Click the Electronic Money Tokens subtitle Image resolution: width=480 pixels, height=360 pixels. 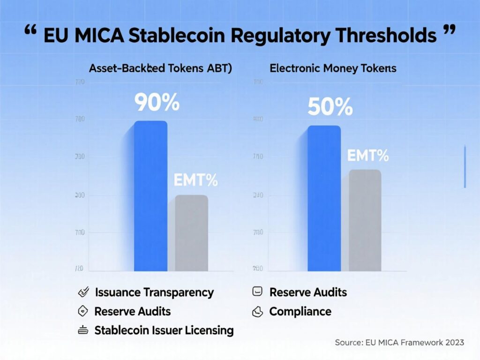click(x=333, y=68)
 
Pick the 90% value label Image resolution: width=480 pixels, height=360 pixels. click(x=157, y=103)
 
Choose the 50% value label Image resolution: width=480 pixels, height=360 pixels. click(x=330, y=107)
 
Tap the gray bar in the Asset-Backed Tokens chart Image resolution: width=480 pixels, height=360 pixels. click(x=191, y=233)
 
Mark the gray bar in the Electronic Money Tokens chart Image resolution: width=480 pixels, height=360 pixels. click(x=365, y=220)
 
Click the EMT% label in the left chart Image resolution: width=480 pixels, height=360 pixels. click(x=195, y=180)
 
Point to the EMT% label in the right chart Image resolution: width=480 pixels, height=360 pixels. click(x=368, y=156)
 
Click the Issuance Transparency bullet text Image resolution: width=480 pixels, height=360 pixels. click(x=154, y=292)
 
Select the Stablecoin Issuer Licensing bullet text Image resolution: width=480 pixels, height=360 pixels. click(x=164, y=330)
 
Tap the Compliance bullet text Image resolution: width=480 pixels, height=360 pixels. click(x=300, y=311)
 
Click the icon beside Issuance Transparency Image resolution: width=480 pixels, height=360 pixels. click(x=83, y=292)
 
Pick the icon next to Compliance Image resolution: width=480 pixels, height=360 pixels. click(x=257, y=311)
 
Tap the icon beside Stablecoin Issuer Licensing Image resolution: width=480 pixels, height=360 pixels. click(x=83, y=330)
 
